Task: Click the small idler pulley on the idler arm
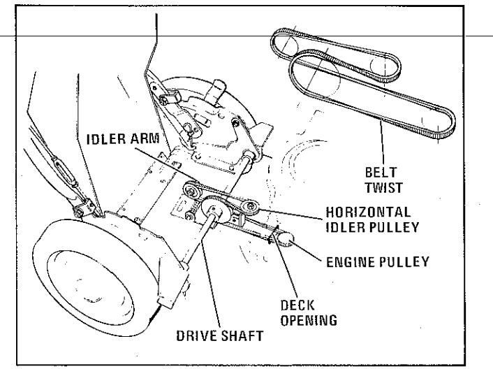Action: pos(191,190)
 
